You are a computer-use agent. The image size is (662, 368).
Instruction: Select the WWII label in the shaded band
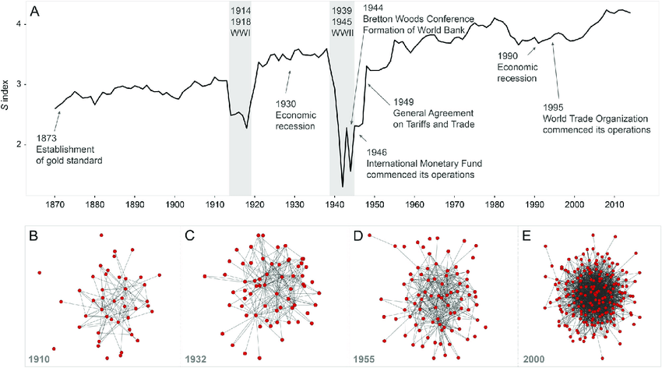[x=341, y=31]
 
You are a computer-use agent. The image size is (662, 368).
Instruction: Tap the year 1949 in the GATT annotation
[x=405, y=101]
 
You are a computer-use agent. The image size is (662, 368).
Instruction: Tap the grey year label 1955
[x=356, y=359]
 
